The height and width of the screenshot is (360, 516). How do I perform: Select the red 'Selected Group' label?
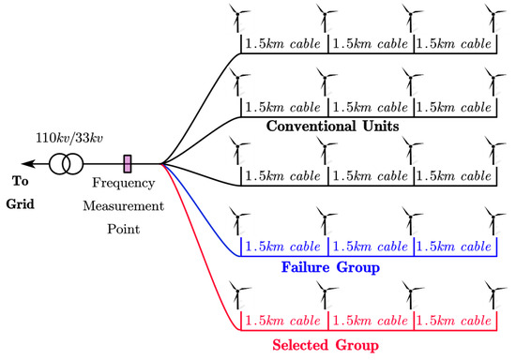(326, 346)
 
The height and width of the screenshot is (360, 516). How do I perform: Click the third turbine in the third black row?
(412, 150)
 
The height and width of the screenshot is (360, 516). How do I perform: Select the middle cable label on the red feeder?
(370, 321)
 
